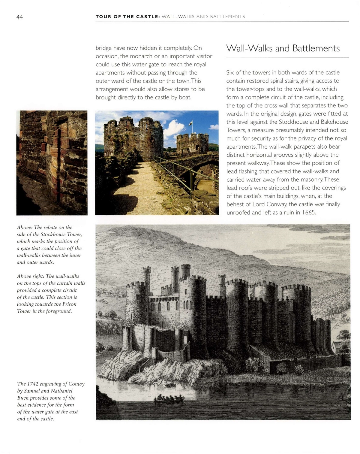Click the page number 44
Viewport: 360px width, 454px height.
tap(19, 17)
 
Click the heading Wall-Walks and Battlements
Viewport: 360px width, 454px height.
tap(283, 48)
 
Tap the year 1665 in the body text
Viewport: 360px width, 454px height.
tap(309, 213)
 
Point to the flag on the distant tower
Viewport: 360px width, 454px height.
tap(190, 123)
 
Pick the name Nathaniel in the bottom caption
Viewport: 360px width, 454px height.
tap(61, 391)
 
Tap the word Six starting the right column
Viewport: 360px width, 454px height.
tap(230, 73)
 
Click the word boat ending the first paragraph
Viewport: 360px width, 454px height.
tap(185, 97)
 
